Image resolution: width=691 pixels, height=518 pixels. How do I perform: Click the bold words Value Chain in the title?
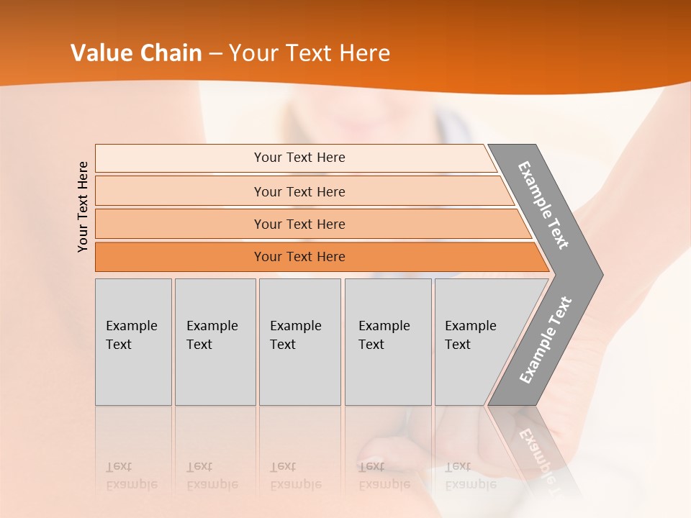[136, 53]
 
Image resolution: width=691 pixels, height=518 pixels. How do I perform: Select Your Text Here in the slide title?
[310, 53]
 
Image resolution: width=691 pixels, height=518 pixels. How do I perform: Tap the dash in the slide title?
[215, 54]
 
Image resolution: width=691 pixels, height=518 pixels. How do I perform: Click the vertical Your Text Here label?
[83, 206]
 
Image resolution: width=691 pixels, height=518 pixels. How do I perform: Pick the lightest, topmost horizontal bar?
[295, 158]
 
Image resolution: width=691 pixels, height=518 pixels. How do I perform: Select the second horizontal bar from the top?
[302, 191]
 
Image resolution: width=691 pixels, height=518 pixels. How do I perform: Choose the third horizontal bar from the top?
[310, 224]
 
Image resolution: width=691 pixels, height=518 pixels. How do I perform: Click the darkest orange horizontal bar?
[317, 257]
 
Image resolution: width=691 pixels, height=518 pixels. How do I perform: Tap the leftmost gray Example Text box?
[133, 342]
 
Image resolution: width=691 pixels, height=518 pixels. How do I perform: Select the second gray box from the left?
[215, 342]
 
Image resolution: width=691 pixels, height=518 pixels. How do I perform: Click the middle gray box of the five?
[299, 342]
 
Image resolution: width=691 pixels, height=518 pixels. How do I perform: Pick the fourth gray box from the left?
[388, 342]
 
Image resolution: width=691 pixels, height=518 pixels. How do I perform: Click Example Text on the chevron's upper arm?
[544, 205]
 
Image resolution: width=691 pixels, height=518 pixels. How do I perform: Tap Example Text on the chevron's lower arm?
[546, 340]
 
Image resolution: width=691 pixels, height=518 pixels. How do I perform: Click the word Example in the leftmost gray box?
[131, 326]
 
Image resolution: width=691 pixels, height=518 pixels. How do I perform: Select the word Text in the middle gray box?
[283, 345]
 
